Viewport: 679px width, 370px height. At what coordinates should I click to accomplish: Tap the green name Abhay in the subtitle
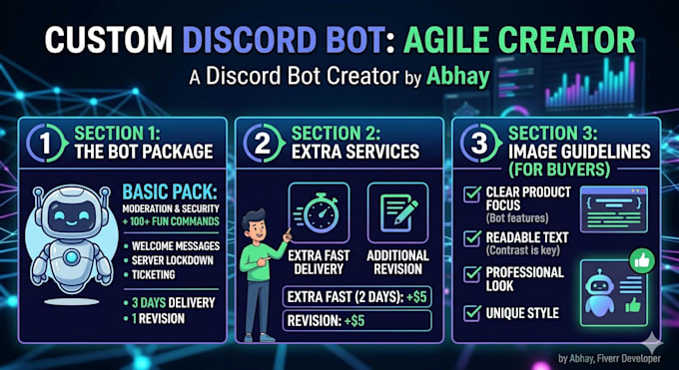(457, 77)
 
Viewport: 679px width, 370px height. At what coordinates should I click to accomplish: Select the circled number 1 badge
(47, 143)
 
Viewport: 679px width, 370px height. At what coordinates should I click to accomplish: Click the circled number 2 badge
(264, 143)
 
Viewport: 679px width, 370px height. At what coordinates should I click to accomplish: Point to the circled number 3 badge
(480, 143)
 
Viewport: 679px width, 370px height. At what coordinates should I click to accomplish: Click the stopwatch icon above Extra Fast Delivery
(319, 212)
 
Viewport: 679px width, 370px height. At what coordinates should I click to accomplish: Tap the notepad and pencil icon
(398, 212)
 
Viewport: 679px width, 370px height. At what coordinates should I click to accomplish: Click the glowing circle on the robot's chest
(71, 257)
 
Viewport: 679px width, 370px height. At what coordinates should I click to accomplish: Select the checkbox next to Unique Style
(472, 313)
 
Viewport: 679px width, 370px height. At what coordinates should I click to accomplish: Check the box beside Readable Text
(472, 238)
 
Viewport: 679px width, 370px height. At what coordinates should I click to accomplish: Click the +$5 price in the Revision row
(354, 321)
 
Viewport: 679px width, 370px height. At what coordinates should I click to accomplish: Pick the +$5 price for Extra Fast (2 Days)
(416, 297)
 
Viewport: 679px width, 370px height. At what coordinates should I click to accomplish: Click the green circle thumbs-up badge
(642, 260)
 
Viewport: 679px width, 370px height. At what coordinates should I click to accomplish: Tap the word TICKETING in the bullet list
(154, 275)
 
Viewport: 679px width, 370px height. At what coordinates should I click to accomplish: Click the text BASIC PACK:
(171, 191)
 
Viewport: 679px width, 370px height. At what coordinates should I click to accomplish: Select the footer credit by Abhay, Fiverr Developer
(609, 358)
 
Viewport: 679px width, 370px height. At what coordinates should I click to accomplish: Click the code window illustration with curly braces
(614, 209)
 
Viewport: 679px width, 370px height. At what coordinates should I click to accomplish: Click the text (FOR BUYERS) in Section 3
(559, 171)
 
